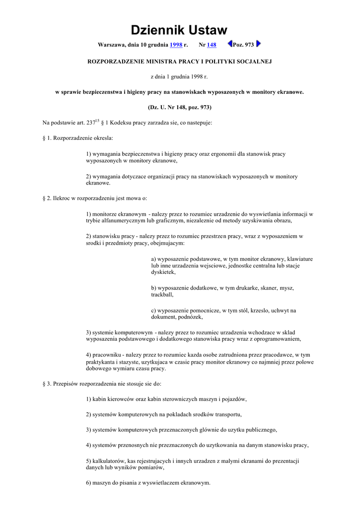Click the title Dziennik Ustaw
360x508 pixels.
coord(179,30)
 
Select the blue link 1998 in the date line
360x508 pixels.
coord(176,45)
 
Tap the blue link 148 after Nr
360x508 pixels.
coord(212,45)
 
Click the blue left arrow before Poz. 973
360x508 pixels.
coord(230,44)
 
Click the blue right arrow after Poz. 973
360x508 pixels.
coord(259,44)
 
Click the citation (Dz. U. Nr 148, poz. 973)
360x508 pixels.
coord(179,107)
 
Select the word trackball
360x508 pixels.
coord(162,295)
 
